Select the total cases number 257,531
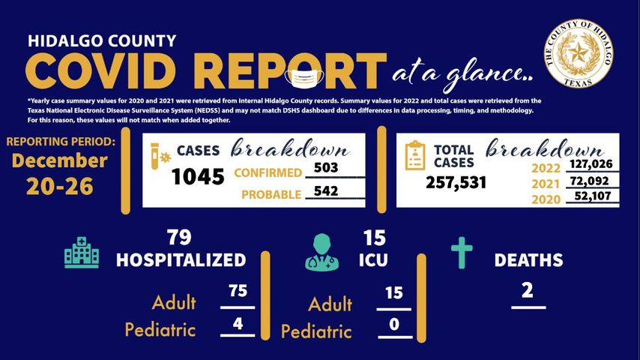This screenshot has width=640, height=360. click(x=456, y=182)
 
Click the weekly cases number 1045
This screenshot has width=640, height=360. click(x=198, y=177)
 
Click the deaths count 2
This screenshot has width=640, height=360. click(x=528, y=290)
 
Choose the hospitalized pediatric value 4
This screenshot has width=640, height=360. click(x=238, y=322)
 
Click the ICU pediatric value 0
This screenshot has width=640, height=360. click(x=393, y=324)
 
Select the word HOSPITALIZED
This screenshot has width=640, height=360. click(x=181, y=260)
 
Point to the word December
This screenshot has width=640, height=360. click(x=59, y=161)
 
